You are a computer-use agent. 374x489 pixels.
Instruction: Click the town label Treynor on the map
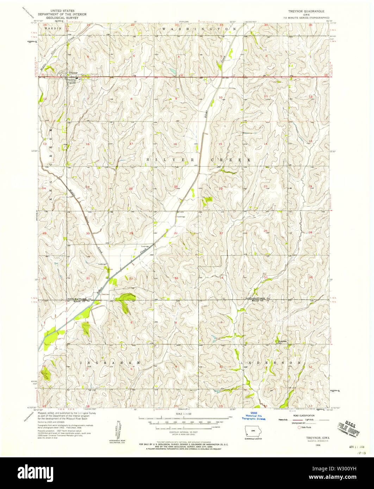[73, 72]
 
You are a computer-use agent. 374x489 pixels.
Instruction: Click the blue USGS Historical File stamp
[254, 416]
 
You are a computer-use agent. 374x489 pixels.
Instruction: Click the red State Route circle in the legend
[300, 427]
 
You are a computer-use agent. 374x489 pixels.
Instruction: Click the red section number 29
[131, 233]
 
